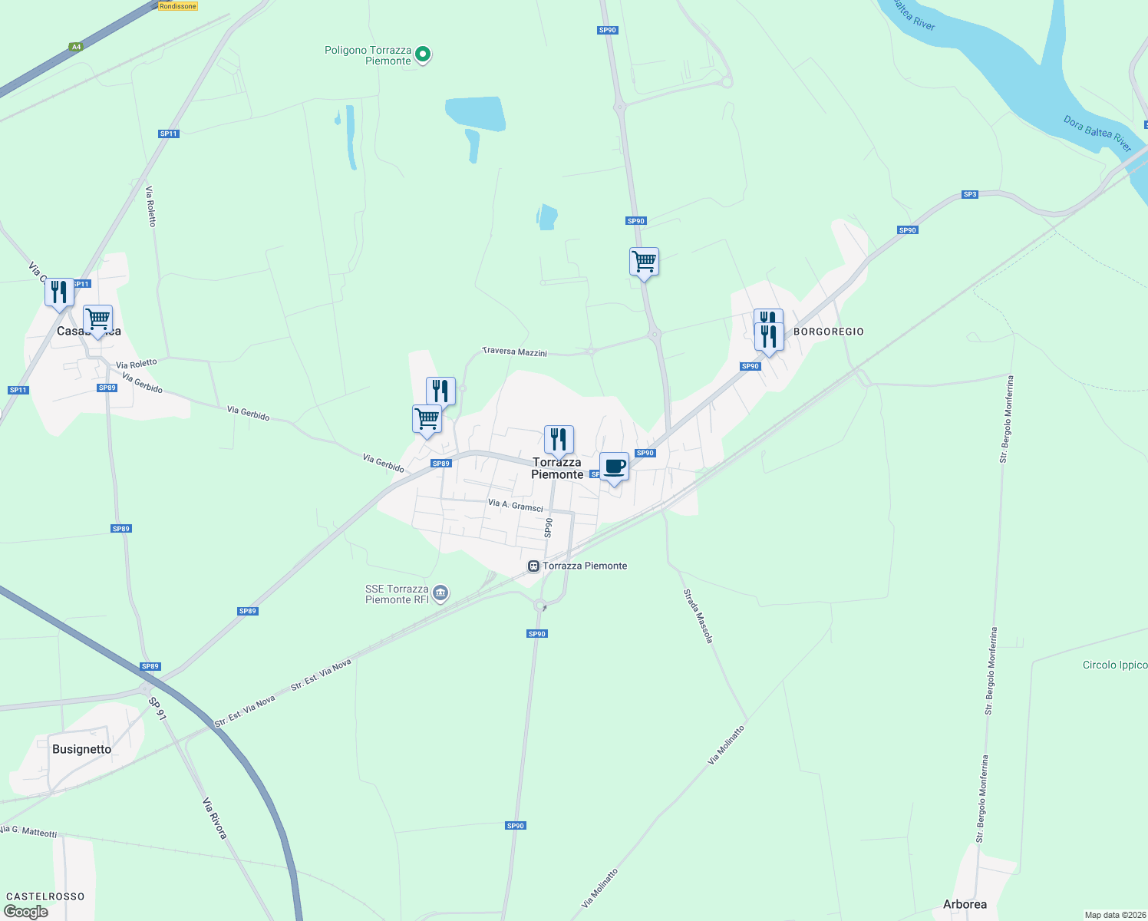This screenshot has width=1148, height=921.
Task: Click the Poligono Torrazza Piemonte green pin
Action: click(423, 54)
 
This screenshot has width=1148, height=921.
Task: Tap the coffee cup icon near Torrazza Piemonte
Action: click(614, 467)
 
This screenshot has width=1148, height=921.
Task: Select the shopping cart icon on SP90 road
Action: click(644, 262)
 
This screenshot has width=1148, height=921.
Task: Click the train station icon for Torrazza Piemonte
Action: click(533, 566)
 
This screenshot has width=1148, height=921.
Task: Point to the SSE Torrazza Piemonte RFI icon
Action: click(440, 593)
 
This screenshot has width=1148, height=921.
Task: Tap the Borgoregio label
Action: click(828, 332)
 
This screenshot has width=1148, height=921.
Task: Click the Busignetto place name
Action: click(81, 749)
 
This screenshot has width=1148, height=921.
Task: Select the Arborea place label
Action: click(965, 904)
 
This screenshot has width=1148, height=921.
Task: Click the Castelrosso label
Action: click(45, 896)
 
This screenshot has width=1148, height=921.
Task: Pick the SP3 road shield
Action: click(970, 194)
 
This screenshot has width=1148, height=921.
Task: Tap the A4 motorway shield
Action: click(75, 47)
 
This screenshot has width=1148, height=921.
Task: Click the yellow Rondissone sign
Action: click(178, 6)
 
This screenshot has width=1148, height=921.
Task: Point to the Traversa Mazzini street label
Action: click(515, 352)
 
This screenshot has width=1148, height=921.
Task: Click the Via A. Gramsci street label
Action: click(516, 506)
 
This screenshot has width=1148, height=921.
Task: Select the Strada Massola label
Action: click(699, 616)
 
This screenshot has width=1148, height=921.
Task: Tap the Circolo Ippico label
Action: click(1114, 665)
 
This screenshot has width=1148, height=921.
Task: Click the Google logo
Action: click(26, 912)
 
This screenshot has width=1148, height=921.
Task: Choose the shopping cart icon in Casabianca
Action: click(97, 319)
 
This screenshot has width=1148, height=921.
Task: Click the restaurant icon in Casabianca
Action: click(59, 292)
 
